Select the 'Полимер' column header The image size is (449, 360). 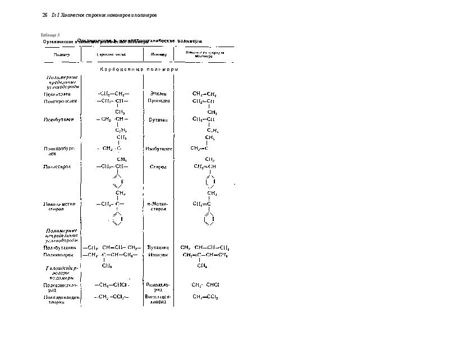pyautogui.click(x=62, y=55)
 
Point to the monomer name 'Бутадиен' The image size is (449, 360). pyautogui.click(x=158, y=247)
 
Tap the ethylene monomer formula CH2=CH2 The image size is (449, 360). pyautogui.click(x=204, y=94)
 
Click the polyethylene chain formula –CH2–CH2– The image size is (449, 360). pyautogui.click(x=113, y=93)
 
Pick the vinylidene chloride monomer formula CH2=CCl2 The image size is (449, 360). pyautogui.click(x=205, y=297)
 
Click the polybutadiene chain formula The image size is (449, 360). pyautogui.click(x=112, y=247)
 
